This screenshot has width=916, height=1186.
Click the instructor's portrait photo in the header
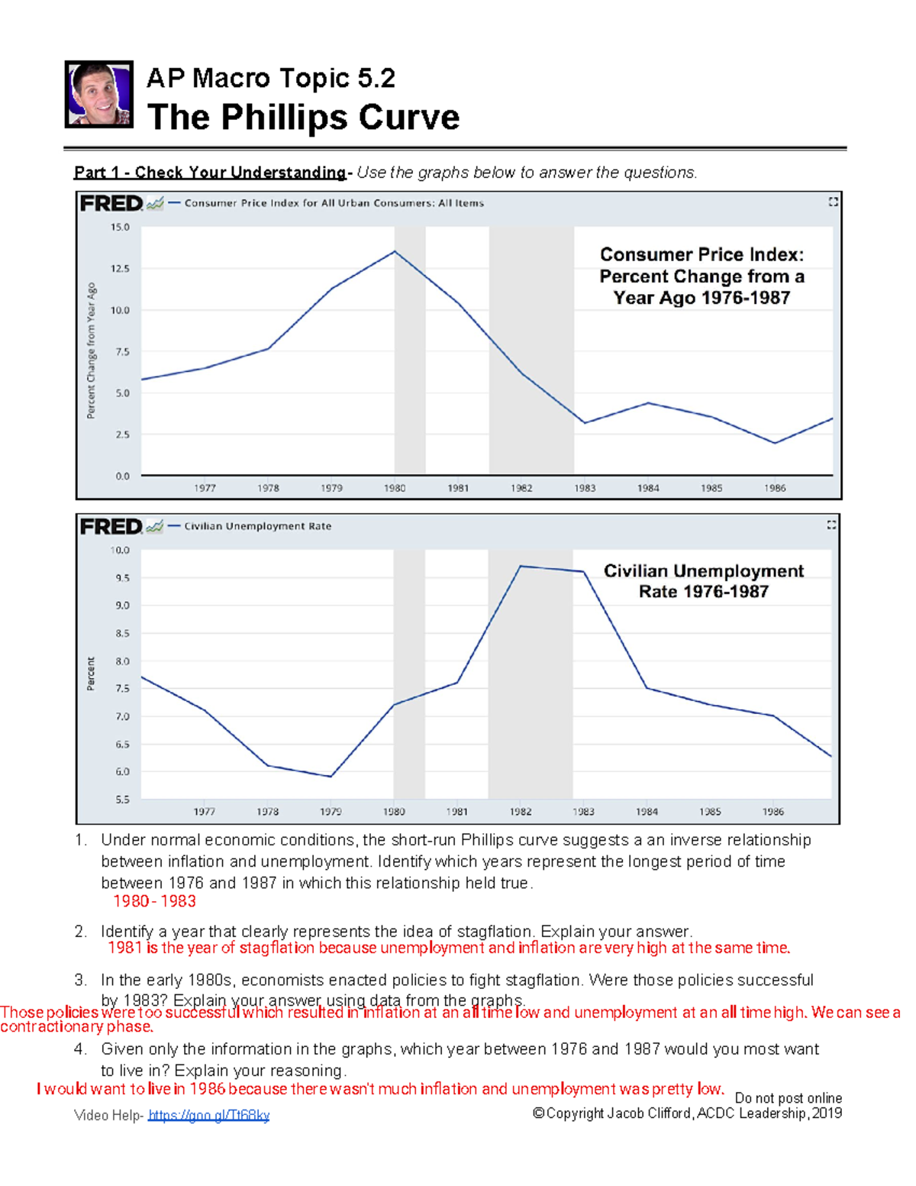[x=99, y=95]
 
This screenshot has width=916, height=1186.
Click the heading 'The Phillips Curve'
[x=303, y=118]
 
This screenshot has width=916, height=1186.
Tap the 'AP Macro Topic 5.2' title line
[x=270, y=78]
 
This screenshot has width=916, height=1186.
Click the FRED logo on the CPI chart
[x=111, y=203]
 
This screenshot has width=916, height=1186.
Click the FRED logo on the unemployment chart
[x=111, y=526]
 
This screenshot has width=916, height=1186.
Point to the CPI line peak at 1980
[x=395, y=251]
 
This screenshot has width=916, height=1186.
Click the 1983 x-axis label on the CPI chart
[x=585, y=488]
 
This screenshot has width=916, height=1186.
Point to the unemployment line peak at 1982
[x=520, y=566]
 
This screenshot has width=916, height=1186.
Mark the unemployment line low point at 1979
[x=331, y=777]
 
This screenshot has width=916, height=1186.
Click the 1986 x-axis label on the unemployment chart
[x=772, y=812]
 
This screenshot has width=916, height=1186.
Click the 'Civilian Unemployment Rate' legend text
[x=257, y=526]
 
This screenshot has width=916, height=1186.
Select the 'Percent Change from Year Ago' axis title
[x=91, y=351]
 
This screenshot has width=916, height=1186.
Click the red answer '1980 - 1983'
[x=154, y=901]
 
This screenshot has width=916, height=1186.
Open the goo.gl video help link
[x=208, y=1116]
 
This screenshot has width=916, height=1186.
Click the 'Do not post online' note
[x=788, y=1098]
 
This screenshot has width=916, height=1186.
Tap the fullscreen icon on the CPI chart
[x=833, y=202]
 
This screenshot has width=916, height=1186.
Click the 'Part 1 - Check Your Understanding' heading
[x=210, y=173]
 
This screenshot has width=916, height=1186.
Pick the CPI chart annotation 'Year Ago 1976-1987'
[x=702, y=298]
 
